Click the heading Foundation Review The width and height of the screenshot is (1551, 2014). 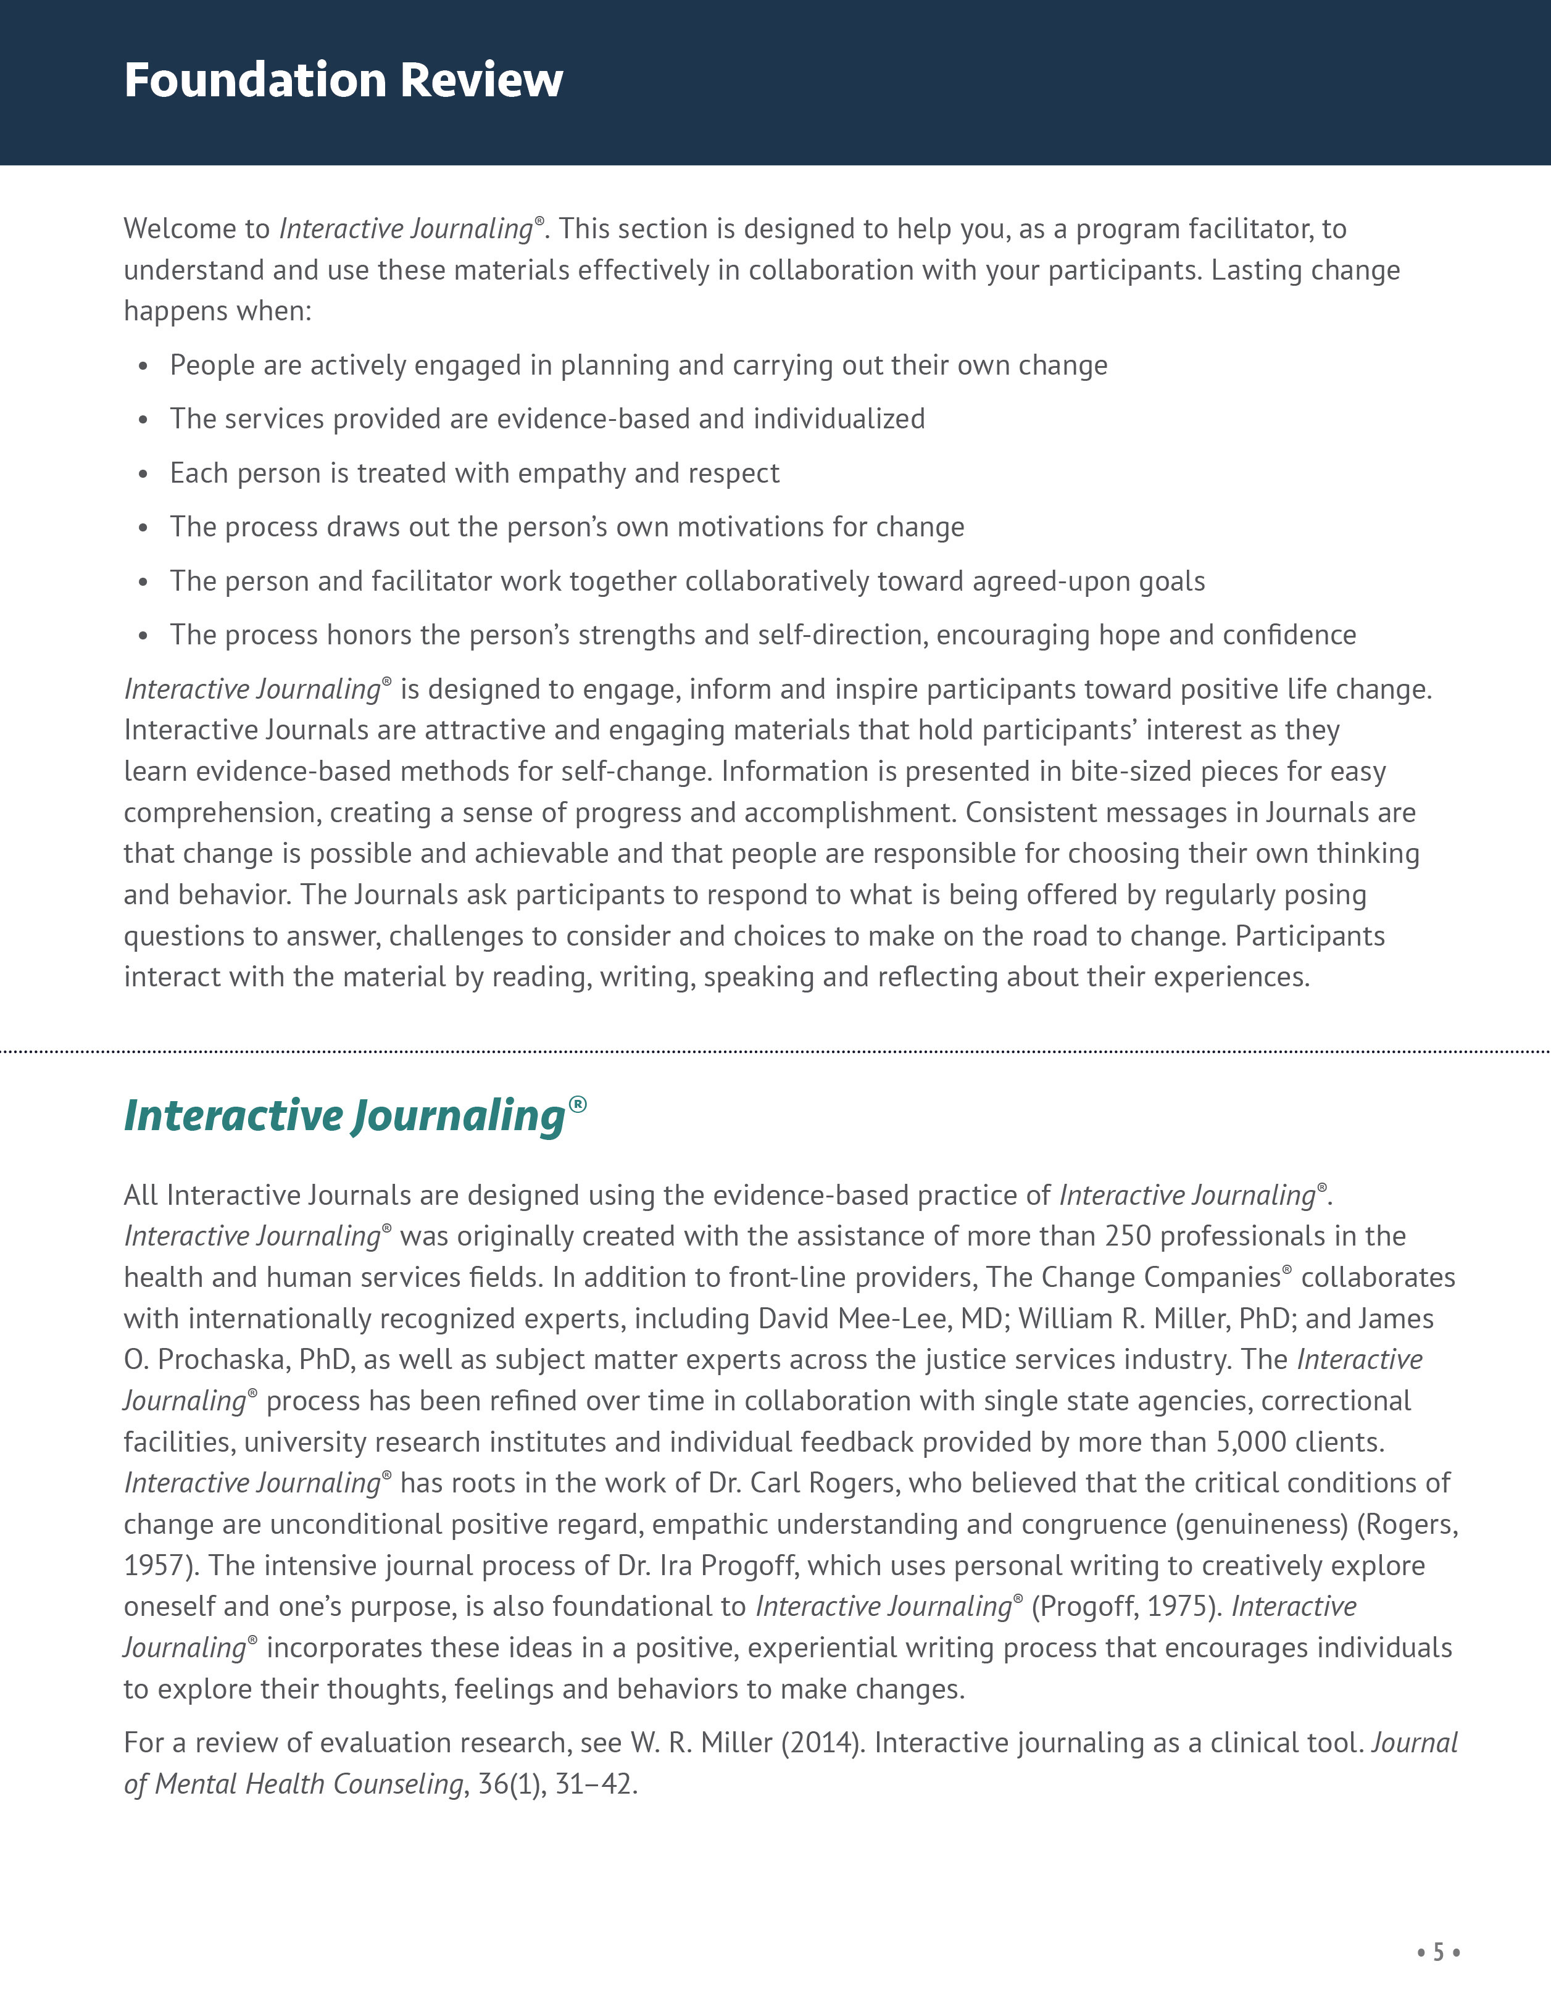(x=343, y=80)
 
